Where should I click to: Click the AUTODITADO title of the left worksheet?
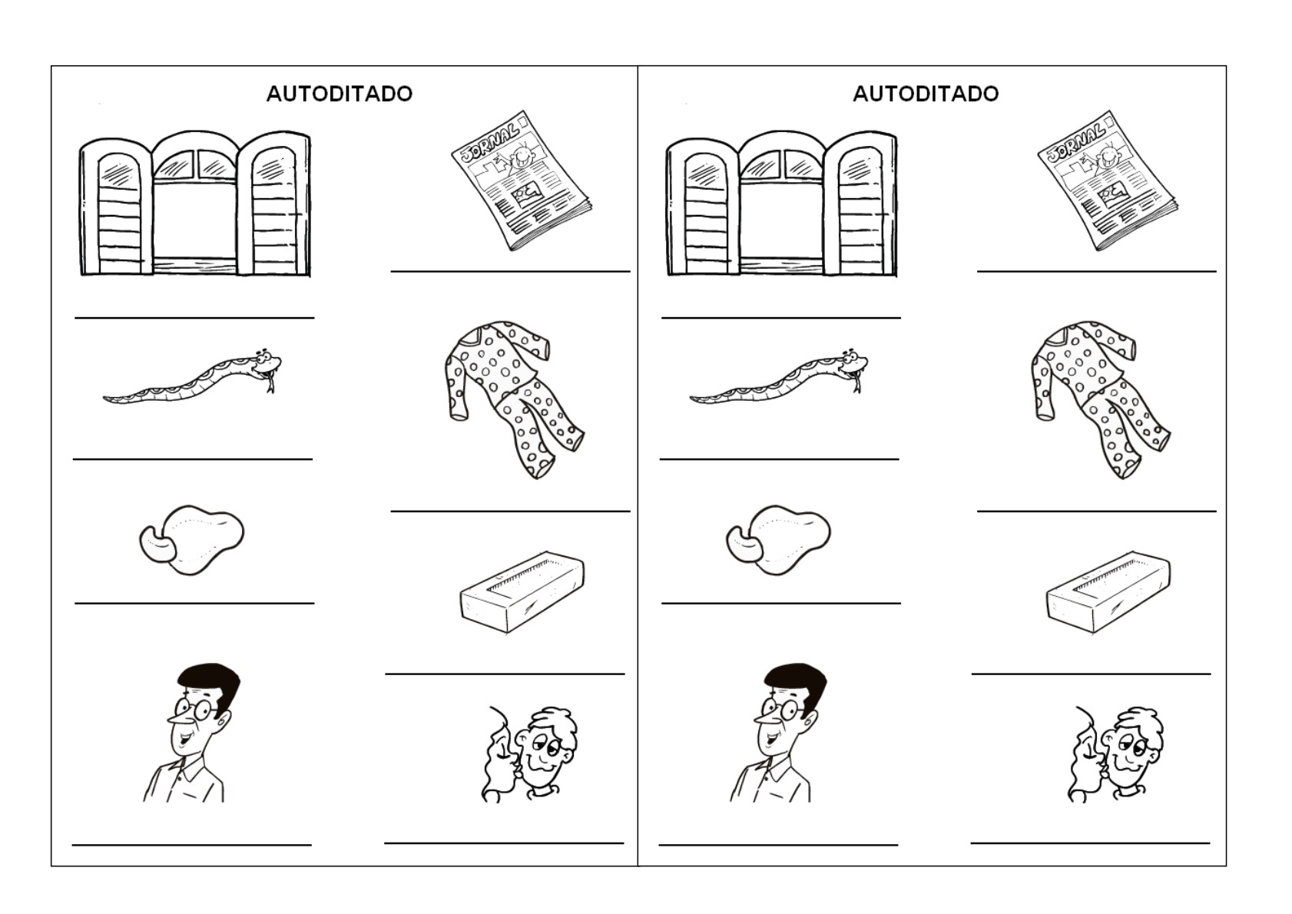click(339, 94)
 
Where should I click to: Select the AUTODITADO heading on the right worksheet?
click(926, 94)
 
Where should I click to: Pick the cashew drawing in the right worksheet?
click(778, 538)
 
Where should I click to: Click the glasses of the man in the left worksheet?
click(194, 708)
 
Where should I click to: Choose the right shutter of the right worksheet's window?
click(859, 206)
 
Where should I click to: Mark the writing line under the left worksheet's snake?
click(192, 459)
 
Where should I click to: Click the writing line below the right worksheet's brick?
click(1091, 674)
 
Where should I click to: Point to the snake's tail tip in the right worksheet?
click(693, 399)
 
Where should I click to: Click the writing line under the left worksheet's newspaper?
click(510, 271)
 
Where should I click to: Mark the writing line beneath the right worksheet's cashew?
click(780, 604)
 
